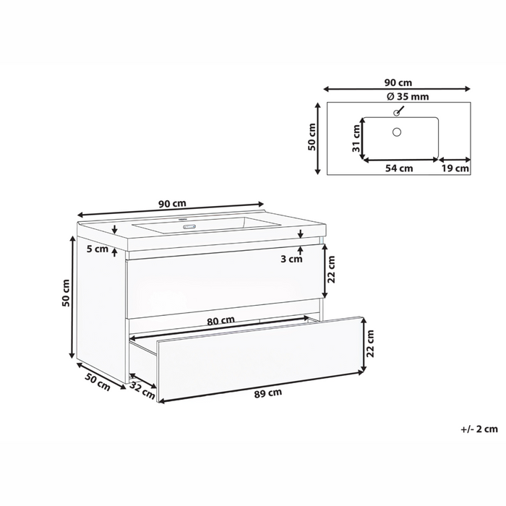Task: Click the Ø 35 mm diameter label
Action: pyautogui.click(x=398, y=96)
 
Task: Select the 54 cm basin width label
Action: pyautogui.click(x=398, y=168)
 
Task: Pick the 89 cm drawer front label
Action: pyautogui.click(x=267, y=393)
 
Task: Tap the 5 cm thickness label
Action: pyautogui.click(x=96, y=249)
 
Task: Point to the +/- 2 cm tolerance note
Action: pyautogui.click(x=479, y=429)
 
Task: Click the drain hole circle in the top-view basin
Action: pyautogui.click(x=395, y=132)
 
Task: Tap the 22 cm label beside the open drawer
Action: pyautogui.click(x=369, y=344)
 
